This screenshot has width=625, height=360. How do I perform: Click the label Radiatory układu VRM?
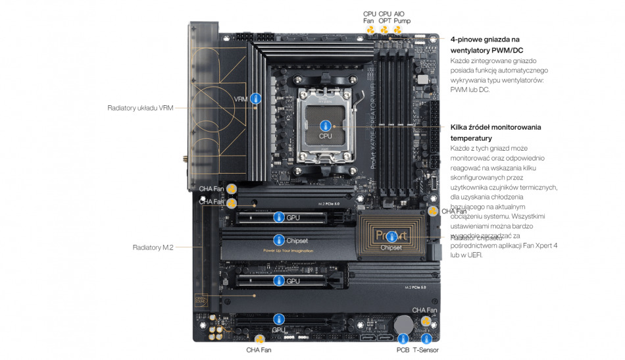[x=140, y=107]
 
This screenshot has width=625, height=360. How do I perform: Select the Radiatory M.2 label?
[x=153, y=247]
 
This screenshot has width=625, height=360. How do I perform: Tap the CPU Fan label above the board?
[x=370, y=16]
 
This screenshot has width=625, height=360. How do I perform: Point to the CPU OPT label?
[x=385, y=16]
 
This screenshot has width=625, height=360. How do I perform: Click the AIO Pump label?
[x=402, y=16]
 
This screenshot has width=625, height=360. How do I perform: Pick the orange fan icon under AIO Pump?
[x=398, y=30]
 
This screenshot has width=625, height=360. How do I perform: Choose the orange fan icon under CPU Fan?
[x=370, y=30]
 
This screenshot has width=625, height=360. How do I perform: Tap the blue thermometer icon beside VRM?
[x=255, y=99]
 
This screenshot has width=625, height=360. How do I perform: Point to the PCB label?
[x=403, y=349]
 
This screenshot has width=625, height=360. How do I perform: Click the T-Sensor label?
[x=426, y=349]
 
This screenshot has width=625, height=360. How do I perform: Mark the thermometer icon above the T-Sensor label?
[x=426, y=338]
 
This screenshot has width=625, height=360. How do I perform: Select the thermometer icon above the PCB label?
[x=403, y=338]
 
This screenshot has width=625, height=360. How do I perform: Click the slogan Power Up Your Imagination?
[x=287, y=251]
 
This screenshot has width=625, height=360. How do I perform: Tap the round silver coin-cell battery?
[x=403, y=323]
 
